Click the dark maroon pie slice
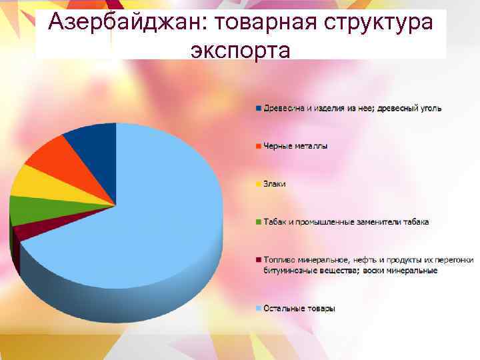33,230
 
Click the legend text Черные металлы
295,146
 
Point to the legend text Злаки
275,184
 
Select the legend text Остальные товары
299,309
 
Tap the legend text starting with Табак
346,222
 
